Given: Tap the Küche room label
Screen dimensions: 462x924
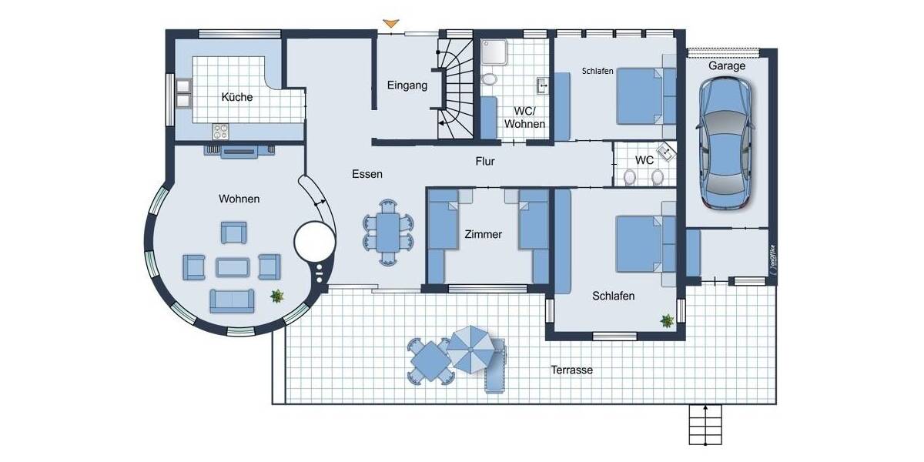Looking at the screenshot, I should point(236,97).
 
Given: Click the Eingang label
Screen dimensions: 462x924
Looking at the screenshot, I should point(407,85).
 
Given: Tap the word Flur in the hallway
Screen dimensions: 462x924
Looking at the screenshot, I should point(484,162).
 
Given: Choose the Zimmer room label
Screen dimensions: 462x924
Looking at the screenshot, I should point(484,234).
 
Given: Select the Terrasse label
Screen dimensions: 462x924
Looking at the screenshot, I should point(571,370).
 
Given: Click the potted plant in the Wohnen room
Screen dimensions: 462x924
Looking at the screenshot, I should point(276,296).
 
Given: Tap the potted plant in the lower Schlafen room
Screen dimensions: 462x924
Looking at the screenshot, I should point(667,320).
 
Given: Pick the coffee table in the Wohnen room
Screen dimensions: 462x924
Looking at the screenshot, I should point(233,267).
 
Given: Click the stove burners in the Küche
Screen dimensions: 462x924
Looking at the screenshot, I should point(220,131).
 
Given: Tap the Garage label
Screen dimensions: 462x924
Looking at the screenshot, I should point(727,66).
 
